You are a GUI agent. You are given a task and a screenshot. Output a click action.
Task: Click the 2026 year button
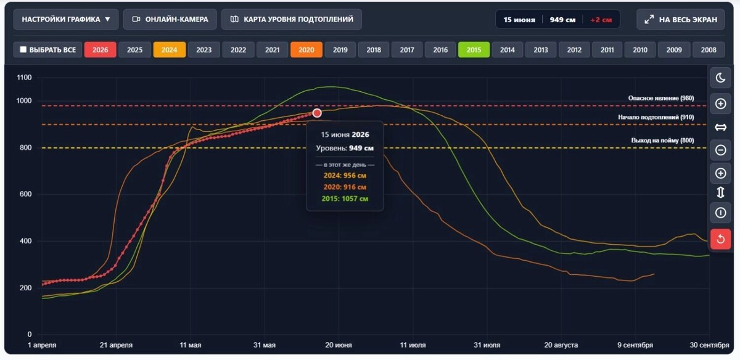point(100,50)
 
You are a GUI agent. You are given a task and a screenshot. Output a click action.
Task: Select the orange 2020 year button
point(306,50)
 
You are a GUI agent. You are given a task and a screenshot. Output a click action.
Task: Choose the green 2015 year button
point(474,50)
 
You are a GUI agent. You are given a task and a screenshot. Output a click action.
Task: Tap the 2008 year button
point(709,50)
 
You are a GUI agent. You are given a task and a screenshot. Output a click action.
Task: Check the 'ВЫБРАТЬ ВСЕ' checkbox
point(23,49)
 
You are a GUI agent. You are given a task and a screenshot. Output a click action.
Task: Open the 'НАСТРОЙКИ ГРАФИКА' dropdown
point(66,19)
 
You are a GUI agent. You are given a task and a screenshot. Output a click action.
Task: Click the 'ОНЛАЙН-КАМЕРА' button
point(170,19)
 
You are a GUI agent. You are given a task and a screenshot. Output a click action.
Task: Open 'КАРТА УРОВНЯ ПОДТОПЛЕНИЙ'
point(292,19)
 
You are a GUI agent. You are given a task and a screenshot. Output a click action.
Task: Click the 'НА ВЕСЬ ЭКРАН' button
point(681,20)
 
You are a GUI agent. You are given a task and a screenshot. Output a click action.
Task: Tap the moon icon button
point(720,78)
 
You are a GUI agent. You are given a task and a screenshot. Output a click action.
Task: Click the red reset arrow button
point(720,239)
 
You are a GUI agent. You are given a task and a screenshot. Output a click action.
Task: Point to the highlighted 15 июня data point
point(317,113)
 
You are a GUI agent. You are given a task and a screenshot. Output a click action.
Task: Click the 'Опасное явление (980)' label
point(660,98)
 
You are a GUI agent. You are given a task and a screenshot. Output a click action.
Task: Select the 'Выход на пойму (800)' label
point(662,141)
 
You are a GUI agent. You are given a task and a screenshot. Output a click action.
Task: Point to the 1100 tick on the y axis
point(24,78)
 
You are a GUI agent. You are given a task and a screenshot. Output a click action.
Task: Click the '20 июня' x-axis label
point(339,345)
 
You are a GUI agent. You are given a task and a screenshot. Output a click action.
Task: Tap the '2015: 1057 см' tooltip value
point(345,199)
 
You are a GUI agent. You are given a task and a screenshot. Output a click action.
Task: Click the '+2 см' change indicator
point(601,20)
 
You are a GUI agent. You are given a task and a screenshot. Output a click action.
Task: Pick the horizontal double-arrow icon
point(720,127)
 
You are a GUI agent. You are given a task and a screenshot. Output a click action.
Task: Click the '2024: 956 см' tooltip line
point(345,176)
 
